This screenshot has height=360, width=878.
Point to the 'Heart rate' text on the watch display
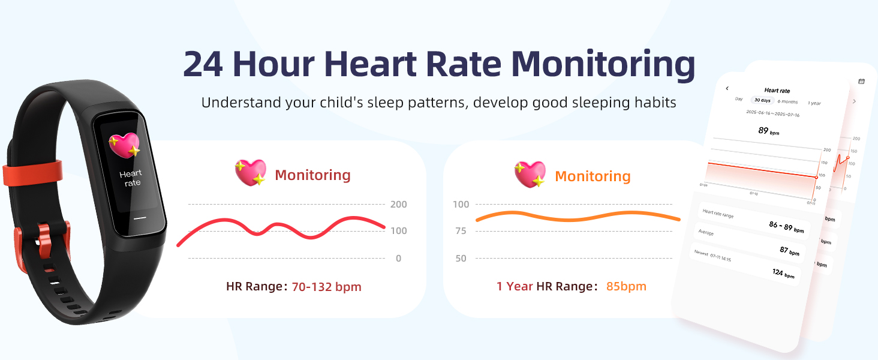coord(131,178)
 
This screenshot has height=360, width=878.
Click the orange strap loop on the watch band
coord(33,172)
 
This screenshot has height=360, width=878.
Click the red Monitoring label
coord(312,175)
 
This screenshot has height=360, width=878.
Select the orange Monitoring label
coord(593,176)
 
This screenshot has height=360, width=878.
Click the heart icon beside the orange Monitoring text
coord(530,174)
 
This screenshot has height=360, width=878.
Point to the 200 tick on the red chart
coord(398,205)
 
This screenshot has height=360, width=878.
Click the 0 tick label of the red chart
coord(398,259)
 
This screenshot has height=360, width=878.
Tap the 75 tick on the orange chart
coord(460,231)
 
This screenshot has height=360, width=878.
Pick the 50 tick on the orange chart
coord(460,259)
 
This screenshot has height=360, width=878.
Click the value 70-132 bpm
coord(326,287)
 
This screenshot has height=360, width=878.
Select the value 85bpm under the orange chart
coord(626,286)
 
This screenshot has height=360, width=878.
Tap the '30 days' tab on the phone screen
coord(762,100)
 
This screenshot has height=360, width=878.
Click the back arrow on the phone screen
coord(727,88)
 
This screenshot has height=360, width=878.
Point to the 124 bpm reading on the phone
coord(783,273)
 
